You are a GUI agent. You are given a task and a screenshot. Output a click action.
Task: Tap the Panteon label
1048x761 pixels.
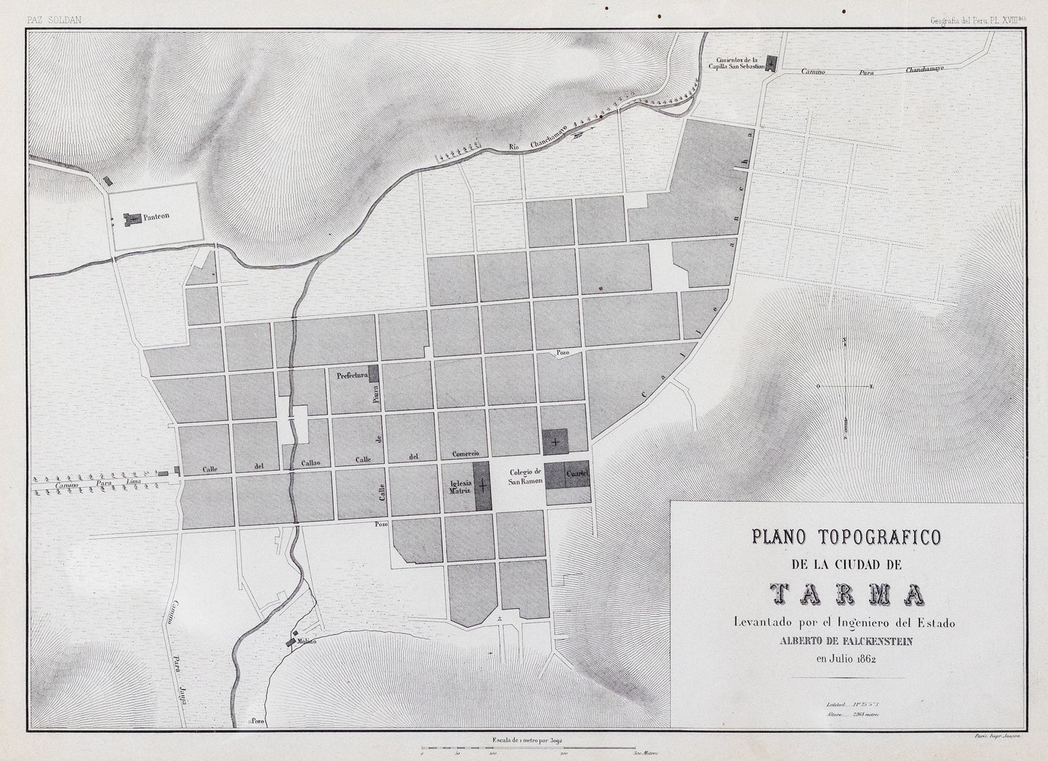pos(156,216)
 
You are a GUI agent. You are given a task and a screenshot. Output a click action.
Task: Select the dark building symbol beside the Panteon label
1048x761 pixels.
pos(133,217)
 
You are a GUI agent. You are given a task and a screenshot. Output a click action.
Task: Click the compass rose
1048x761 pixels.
pos(845,388)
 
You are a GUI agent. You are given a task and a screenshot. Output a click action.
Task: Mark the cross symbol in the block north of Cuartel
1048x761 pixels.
pos(556,441)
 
